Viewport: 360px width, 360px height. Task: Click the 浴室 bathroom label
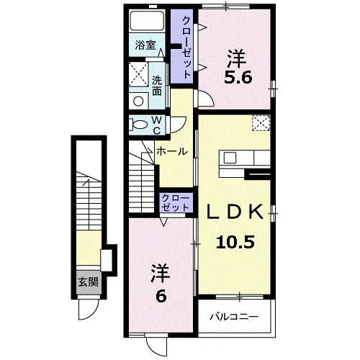(145, 45)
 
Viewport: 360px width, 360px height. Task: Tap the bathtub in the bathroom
(147, 21)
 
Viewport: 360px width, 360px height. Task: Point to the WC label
(157, 125)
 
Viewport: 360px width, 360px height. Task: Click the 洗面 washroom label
(157, 86)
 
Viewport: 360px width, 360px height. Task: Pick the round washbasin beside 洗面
(138, 101)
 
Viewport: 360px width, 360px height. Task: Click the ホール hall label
(172, 151)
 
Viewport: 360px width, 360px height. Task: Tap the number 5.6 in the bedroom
(238, 78)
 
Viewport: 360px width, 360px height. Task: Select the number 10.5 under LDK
(235, 242)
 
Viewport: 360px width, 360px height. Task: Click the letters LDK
(235, 212)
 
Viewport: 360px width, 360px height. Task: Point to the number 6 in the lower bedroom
(161, 297)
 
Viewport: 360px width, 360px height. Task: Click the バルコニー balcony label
(234, 317)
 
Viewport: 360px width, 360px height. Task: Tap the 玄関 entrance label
(89, 282)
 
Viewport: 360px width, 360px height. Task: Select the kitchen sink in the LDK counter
(230, 158)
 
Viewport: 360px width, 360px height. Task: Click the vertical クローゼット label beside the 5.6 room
(187, 47)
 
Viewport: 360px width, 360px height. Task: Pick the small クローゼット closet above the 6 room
(176, 203)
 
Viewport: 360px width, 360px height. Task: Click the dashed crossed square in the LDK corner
(261, 123)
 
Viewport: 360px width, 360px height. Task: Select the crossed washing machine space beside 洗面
(138, 74)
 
